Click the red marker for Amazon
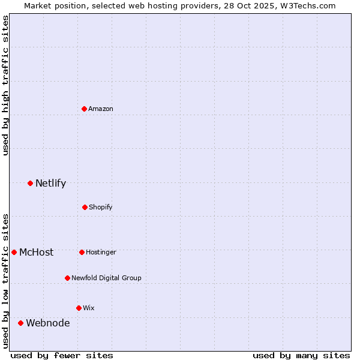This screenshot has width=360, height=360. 85,109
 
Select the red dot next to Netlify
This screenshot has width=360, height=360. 30,183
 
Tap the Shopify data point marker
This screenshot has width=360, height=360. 85,207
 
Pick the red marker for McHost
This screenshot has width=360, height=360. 14,252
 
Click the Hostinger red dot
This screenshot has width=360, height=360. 82,252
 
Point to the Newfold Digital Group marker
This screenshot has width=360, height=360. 67,278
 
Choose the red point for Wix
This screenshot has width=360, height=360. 79,308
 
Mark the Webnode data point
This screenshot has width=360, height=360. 20,323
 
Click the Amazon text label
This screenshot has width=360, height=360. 101,109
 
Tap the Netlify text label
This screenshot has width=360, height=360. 50,183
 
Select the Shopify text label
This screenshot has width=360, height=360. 101,207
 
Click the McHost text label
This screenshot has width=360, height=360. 36,252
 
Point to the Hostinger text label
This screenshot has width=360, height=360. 101,252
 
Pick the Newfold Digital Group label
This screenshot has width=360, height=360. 107,278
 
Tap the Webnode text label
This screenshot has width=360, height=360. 47,323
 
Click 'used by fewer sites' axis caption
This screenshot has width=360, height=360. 62,355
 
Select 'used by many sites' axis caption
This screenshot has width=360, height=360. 301,355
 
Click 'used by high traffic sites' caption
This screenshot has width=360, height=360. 5,85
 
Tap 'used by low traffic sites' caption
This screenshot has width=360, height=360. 5,281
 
